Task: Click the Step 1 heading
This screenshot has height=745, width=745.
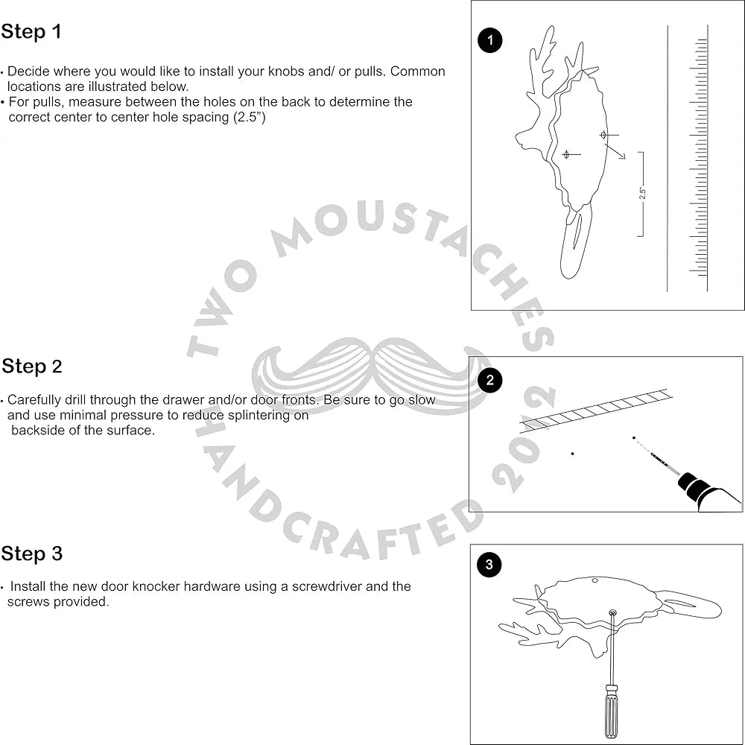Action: coord(31,32)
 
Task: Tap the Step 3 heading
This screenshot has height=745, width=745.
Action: coord(31,554)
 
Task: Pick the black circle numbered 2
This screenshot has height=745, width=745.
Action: coord(489,381)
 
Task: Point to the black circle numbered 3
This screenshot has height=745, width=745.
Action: coord(489,565)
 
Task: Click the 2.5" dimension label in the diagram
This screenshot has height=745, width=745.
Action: coord(642,193)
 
